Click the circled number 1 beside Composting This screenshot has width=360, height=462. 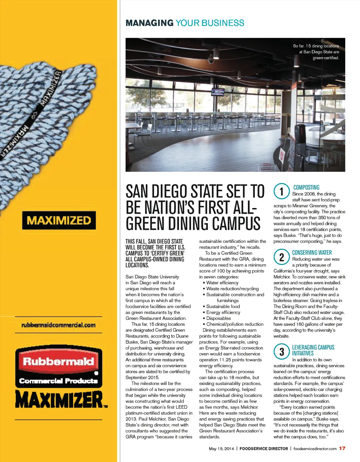(282, 192)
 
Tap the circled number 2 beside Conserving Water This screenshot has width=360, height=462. (282, 257)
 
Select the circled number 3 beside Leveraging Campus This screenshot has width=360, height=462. (282, 352)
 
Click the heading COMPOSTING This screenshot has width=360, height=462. (306, 188)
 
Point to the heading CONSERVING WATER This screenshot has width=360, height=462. (312, 253)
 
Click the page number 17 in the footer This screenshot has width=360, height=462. (342, 448)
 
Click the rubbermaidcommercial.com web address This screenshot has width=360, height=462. (58, 325)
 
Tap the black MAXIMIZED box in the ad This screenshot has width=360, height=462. (59, 220)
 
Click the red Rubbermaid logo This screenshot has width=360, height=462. (58, 361)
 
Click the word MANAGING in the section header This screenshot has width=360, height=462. (149, 23)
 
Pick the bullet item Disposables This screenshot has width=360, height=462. (218, 318)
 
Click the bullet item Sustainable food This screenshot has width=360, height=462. (223, 306)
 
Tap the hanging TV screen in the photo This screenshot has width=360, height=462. (218, 92)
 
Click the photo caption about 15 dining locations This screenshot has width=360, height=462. (316, 52)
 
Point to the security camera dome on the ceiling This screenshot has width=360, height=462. (211, 61)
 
